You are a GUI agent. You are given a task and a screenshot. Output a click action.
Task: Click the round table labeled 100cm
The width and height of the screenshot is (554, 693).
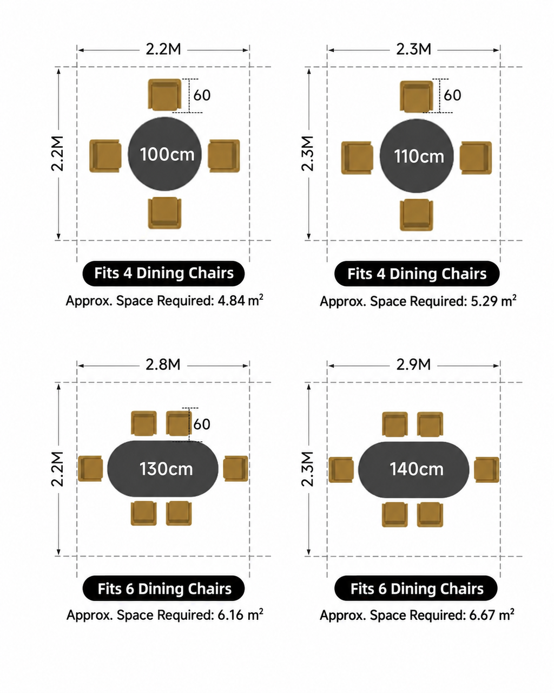165,154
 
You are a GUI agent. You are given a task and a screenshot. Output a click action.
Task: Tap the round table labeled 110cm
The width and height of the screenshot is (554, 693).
417,156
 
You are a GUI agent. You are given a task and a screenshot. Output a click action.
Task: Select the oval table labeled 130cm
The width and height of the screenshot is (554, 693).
162,468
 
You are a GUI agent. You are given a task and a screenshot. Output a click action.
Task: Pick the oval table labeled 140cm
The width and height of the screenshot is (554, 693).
414,469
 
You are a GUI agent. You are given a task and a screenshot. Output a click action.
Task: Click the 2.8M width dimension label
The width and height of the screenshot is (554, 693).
163,364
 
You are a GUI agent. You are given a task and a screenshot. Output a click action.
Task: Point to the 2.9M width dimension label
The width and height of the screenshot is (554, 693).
413,364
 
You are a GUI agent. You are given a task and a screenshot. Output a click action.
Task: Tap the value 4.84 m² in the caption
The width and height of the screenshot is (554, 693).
240,300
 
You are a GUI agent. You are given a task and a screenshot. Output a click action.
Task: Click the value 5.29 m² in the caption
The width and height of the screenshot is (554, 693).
493,301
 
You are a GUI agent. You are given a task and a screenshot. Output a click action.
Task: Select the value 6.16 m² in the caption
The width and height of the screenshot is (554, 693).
240,614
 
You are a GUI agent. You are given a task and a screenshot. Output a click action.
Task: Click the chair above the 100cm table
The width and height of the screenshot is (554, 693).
164,95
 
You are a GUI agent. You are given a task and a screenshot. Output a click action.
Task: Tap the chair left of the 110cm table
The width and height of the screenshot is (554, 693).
357,158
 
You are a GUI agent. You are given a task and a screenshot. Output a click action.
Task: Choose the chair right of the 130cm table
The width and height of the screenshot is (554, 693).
236,468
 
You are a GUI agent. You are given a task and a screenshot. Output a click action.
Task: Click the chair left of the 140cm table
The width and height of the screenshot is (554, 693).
341,469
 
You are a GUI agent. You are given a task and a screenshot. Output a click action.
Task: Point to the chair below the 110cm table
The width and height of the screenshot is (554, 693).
417,215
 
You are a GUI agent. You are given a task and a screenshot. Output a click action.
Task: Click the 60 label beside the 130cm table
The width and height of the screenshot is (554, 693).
202,424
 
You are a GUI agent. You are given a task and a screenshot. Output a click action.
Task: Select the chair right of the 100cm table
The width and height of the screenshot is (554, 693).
224,156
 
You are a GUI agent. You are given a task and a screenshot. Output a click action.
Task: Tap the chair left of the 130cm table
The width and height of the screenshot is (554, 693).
90,468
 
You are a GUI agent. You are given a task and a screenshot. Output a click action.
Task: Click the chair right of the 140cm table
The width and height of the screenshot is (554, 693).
487,469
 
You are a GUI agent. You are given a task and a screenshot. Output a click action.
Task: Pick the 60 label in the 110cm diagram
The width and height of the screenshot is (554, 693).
452,95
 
